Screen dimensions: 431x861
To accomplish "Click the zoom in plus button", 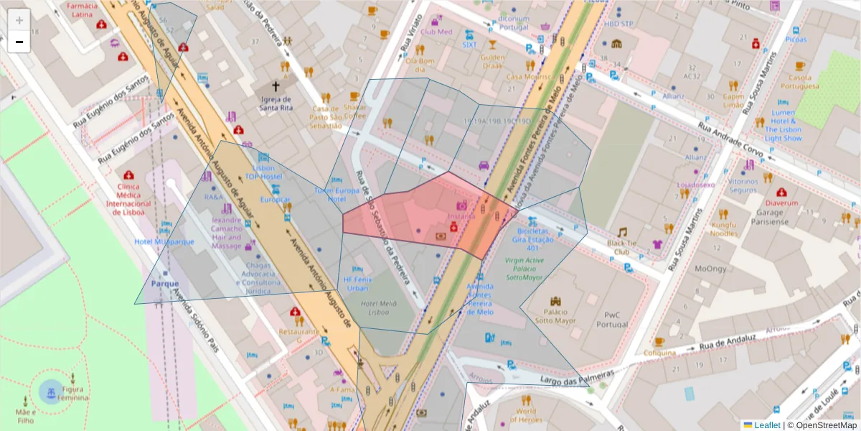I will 19,20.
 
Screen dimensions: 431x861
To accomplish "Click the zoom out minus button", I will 19,42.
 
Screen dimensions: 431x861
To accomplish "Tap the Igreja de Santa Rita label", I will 276,103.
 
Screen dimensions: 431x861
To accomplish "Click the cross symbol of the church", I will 276,86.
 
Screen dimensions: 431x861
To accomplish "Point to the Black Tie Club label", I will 621,248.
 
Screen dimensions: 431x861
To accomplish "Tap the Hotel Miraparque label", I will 164,241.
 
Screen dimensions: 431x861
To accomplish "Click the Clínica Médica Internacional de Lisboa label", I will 129,199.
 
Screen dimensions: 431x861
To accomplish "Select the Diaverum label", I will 781,203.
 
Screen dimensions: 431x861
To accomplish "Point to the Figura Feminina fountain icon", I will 51,391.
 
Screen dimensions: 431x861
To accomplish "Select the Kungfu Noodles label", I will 724,229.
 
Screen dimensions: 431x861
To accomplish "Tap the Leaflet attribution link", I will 766,425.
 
